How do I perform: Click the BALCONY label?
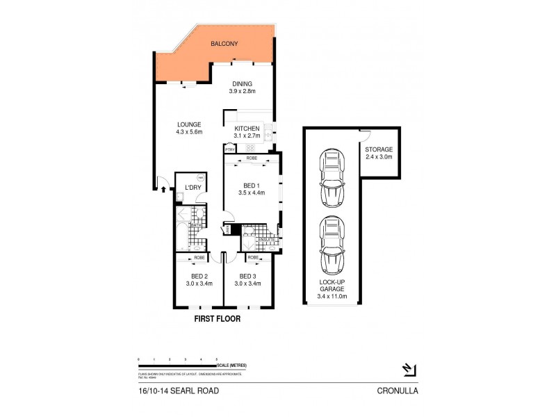225,44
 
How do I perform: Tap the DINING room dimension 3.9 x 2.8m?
243,91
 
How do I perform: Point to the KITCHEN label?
247,129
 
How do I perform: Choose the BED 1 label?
252,185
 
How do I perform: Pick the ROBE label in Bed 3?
254,257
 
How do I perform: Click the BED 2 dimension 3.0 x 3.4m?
199,284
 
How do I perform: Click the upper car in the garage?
332,179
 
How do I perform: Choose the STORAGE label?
379,149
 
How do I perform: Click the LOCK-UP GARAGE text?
332,287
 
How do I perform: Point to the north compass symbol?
409,369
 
